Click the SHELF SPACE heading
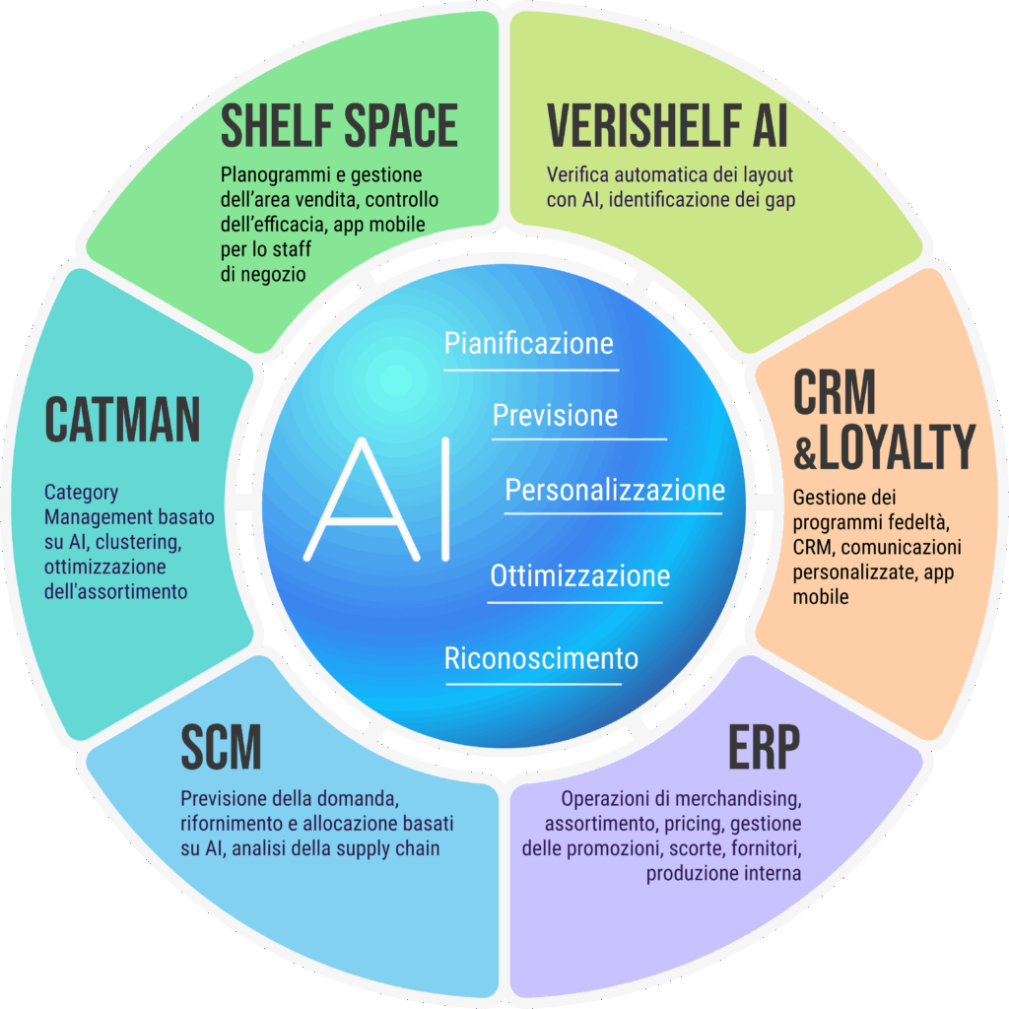point(339,125)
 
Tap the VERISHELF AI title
point(667,125)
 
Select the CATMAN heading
point(122,420)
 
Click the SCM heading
point(221,747)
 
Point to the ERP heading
point(764,747)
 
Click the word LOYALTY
point(898,447)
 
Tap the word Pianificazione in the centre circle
point(528,343)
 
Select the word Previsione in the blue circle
point(555,415)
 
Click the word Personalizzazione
point(615,490)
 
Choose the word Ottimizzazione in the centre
point(579,575)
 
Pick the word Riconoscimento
point(541,658)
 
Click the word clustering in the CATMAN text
point(138,542)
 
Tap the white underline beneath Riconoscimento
point(533,684)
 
